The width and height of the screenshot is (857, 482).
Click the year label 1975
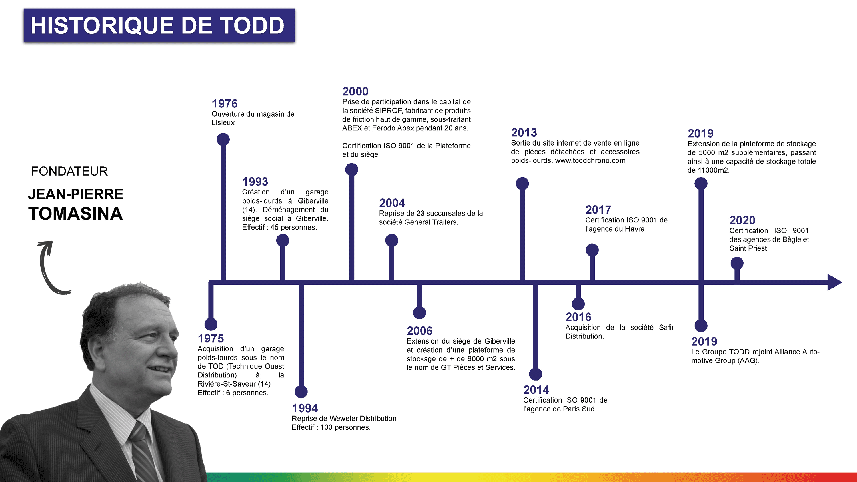click(211, 338)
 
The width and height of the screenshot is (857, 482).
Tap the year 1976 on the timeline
click(225, 103)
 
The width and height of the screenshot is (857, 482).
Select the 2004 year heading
click(392, 203)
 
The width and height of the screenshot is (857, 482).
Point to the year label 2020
click(742, 220)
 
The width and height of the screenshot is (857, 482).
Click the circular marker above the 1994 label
click(301, 392)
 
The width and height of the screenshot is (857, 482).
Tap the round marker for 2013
click(522, 184)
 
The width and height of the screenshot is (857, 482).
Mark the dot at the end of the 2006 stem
click(419, 313)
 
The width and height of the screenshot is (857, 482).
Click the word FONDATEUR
click(69, 171)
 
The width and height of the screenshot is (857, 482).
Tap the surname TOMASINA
click(75, 214)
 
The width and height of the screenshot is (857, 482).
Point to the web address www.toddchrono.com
click(590, 161)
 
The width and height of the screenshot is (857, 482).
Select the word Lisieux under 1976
click(223, 123)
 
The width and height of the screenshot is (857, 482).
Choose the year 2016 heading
click(578, 317)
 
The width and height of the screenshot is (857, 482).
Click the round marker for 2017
click(592, 250)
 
